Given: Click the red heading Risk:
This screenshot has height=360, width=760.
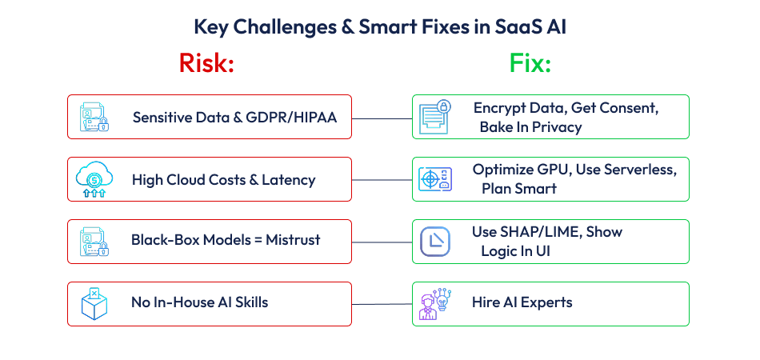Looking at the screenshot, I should point(206,63).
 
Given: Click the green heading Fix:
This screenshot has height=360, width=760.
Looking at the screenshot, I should point(530,63).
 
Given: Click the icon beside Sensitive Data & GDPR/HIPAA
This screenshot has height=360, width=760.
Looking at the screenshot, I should point(93,117).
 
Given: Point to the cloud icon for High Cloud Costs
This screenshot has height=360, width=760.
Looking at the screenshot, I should point(93,178).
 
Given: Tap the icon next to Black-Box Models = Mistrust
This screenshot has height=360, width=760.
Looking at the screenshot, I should point(93,241).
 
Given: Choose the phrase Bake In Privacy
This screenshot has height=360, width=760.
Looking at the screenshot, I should point(530,127).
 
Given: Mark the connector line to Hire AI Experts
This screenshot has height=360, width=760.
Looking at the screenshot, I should point(382,303).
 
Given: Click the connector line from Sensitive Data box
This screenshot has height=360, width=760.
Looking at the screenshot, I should point(382,118).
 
